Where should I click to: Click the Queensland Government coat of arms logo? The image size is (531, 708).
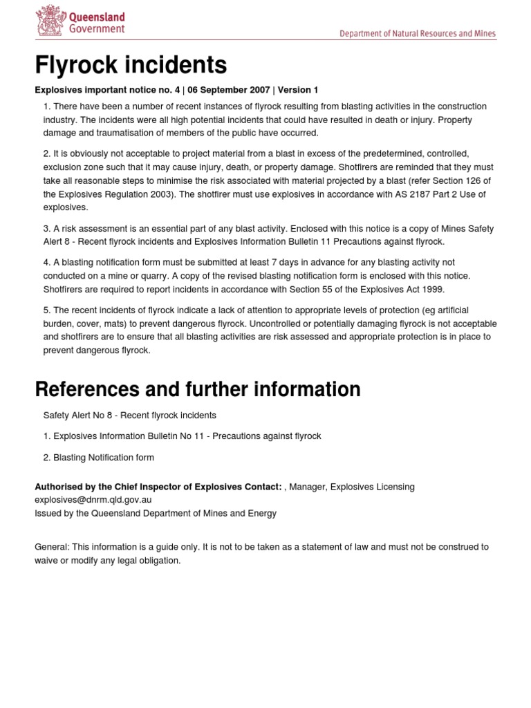pyautogui.click(x=49, y=21)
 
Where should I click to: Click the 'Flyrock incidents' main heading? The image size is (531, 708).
pyautogui.click(x=131, y=65)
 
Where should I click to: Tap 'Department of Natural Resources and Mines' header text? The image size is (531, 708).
pyautogui.click(x=417, y=33)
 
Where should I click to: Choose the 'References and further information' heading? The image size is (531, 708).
pyautogui.click(x=198, y=389)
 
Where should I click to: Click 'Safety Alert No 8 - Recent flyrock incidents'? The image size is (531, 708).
pyautogui.click(x=129, y=415)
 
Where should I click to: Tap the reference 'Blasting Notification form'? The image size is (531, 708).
pyautogui.click(x=104, y=457)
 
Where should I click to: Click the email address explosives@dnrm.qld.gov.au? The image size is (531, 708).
pyautogui.click(x=93, y=499)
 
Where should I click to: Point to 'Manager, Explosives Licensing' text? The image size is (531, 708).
pyautogui.click(x=352, y=487)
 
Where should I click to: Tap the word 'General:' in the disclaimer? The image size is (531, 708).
pyautogui.click(x=50, y=546)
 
